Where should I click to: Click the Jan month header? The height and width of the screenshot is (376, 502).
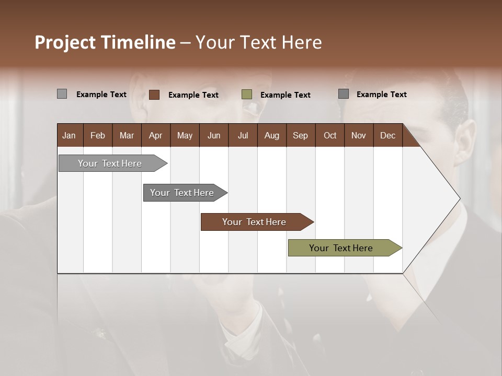click(69, 135)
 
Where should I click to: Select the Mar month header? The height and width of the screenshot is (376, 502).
click(127, 135)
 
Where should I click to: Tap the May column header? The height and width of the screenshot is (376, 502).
click(185, 135)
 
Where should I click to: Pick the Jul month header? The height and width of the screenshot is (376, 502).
click(243, 135)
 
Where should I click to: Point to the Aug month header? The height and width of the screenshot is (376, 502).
click(271, 135)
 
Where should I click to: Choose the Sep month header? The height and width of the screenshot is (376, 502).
click(300, 135)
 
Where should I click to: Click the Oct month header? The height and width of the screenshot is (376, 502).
click(330, 135)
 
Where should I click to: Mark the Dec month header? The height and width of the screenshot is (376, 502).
click(387, 135)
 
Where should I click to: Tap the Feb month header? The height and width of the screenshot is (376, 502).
click(98, 135)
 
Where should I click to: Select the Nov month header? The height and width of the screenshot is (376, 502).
click(359, 135)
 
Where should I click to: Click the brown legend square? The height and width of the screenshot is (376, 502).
click(154, 95)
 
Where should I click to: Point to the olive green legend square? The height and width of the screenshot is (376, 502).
click(247, 95)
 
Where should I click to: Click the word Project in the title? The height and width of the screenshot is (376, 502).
click(65, 42)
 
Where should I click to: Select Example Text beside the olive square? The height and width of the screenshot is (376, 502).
click(286, 95)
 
